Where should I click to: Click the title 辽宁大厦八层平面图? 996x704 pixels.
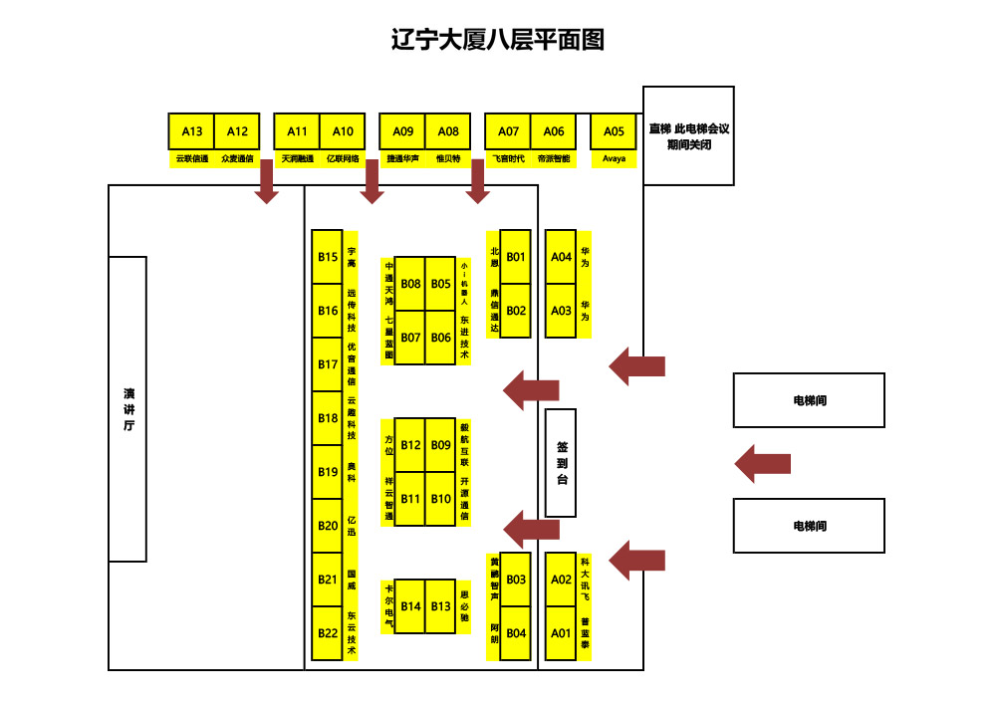coord(498,41)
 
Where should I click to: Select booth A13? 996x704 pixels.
coord(191,131)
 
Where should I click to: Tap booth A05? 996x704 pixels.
coord(614,131)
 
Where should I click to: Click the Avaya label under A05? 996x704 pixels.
coord(614,158)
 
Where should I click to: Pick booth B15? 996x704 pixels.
coord(328,257)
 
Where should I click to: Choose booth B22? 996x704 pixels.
coord(328,633)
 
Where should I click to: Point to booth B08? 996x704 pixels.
coord(410,284)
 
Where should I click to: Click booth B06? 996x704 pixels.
coord(441,338)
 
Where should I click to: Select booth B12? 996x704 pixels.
coord(410,445)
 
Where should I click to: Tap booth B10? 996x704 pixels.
coord(441,499)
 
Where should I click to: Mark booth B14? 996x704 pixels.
coord(410,606)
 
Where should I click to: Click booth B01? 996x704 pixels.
coord(516,257)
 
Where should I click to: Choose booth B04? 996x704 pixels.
coord(516,633)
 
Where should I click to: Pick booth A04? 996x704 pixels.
coord(562,257)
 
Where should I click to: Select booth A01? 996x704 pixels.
coord(562,633)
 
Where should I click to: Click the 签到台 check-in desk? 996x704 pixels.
coord(562,463)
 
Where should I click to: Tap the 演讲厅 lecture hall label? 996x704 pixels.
coord(128,408)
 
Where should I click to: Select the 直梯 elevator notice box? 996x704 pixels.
coord(688,135)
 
